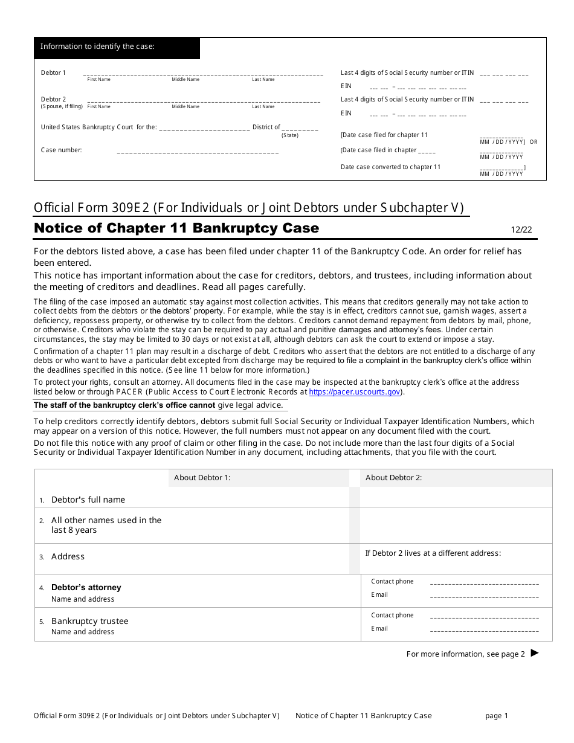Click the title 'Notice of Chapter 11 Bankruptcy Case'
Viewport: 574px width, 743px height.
[x=176, y=228]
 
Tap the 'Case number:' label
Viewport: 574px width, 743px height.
[x=61, y=150]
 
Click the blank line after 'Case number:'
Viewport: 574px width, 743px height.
[x=197, y=151]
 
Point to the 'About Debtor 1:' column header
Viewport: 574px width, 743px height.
[x=202, y=478]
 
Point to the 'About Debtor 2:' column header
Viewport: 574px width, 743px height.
[x=393, y=478]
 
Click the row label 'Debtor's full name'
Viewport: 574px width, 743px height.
[x=88, y=500]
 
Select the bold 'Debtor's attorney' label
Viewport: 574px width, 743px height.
[x=86, y=587]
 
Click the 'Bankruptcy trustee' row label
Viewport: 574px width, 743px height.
[x=89, y=621]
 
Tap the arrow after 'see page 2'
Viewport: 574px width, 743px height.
[x=534, y=653]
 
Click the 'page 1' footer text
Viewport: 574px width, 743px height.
[x=497, y=716]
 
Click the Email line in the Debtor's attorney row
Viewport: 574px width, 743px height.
[x=483, y=596]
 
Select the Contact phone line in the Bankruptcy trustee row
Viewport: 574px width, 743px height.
[x=483, y=617]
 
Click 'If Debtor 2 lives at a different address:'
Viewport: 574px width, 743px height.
[x=433, y=553]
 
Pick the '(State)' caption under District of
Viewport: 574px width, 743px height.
[x=290, y=135]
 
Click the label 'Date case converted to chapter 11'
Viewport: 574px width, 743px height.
[x=390, y=167]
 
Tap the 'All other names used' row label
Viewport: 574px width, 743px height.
[x=106, y=525]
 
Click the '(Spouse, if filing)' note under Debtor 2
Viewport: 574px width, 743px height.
[x=62, y=106]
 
